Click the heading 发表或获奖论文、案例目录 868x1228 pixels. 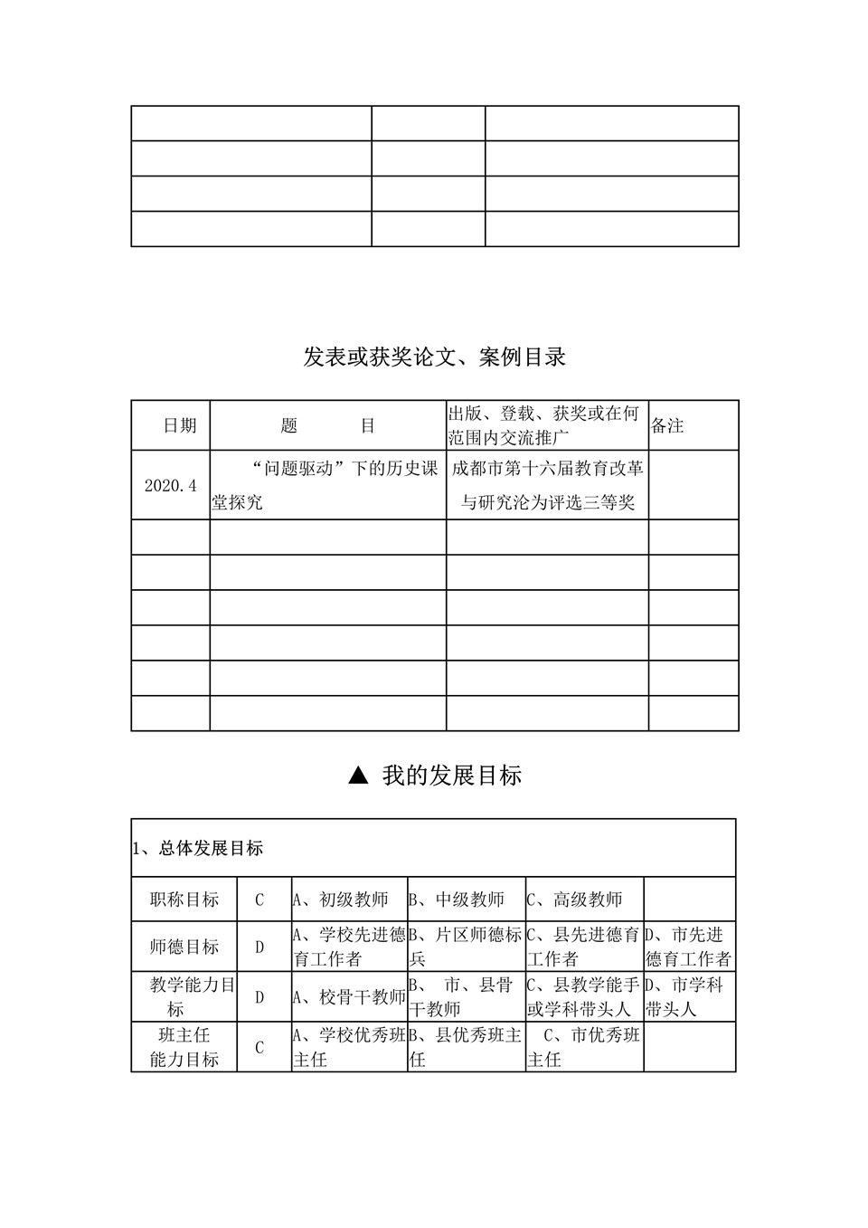click(x=434, y=357)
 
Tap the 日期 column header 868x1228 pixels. click(x=180, y=425)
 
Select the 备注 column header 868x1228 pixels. click(x=668, y=425)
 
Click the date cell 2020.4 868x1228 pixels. click(x=171, y=485)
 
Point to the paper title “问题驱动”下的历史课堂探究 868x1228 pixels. click(x=327, y=485)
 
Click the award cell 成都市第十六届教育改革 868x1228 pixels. click(x=548, y=469)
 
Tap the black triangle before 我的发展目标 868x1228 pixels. click(x=358, y=775)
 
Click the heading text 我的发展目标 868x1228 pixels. click(x=452, y=776)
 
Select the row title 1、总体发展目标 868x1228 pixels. click(x=198, y=849)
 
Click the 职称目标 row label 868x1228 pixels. click(x=184, y=900)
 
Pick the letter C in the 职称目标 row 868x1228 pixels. click(x=259, y=900)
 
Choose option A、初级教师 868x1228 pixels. click(x=341, y=900)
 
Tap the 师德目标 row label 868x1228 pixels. click(x=184, y=947)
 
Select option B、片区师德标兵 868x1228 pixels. click(x=466, y=947)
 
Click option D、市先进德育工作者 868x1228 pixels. click(x=688, y=947)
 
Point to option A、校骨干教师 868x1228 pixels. click(x=349, y=997)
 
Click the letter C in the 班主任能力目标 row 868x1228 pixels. click(x=259, y=1048)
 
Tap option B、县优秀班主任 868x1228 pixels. click(x=466, y=1047)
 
